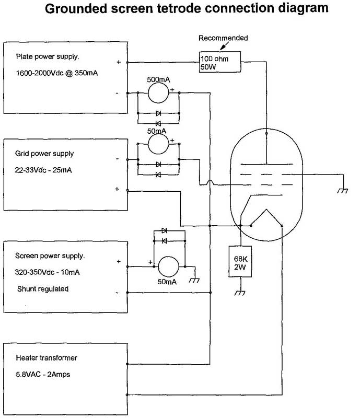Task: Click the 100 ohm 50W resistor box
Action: [x=220, y=62]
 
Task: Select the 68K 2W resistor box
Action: [x=240, y=262]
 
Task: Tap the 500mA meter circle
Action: [x=158, y=93]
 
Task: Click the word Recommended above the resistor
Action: [x=223, y=38]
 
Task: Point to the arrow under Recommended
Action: [x=224, y=47]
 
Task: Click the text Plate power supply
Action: [x=48, y=57]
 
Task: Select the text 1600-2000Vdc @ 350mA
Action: [x=57, y=73]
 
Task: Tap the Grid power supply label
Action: [x=44, y=154]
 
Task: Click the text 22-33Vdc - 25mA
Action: [x=43, y=170]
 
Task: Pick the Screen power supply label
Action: [x=50, y=256]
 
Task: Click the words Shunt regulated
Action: [x=43, y=289]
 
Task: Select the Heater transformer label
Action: [x=47, y=358]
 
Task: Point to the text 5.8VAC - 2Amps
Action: [x=43, y=375]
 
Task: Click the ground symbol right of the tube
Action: [x=343, y=191]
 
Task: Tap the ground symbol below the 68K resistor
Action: [x=240, y=293]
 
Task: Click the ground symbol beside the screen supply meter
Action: [x=194, y=281]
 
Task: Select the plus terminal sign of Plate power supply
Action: [x=119, y=62]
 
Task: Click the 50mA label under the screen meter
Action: [x=167, y=282]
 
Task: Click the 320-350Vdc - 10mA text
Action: [x=47, y=272]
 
